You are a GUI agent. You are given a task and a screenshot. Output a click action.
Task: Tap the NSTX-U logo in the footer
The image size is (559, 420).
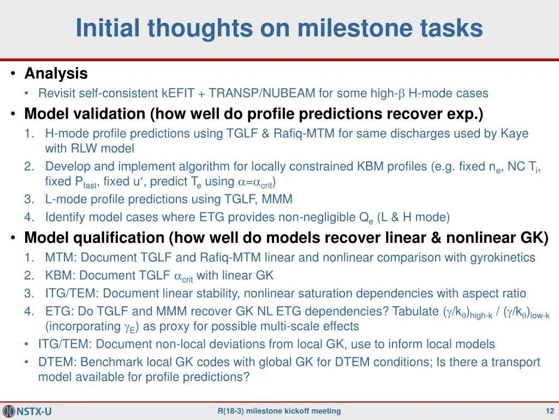[x=27, y=411]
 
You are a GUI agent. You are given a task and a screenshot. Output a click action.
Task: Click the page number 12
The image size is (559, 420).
[x=550, y=411]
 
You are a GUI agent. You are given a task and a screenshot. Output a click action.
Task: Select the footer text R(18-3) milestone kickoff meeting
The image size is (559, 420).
[x=279, y=411]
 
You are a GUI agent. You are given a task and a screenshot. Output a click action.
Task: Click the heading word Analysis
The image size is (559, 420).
[x=56, y=73]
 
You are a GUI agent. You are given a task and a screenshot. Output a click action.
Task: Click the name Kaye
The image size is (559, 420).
[x=514, y=133]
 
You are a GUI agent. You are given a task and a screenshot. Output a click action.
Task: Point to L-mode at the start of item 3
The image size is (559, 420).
[x=64, y=200]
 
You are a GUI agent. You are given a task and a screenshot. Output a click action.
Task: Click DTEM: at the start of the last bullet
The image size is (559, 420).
[x=53, y=363]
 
